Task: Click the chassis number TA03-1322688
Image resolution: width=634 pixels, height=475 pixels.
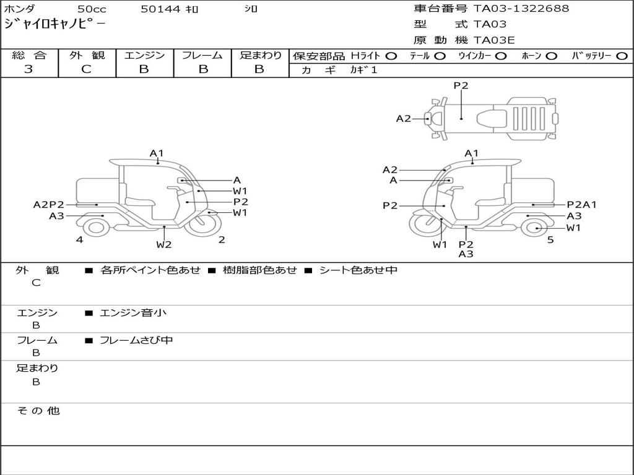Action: pyautogui.click(x=521, y=9)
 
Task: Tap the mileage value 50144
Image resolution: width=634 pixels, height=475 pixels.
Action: pyautogui.click(x=161, y=9)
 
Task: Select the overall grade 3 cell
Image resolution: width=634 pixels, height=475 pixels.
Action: pyautogui.click(x=29, y=69)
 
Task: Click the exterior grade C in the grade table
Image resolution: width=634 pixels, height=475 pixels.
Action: pyautogui.click(x=87, y=69)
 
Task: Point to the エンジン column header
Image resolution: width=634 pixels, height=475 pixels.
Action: pyautogui.click(x=144, y=55)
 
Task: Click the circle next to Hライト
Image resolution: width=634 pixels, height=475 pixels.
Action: pyautogui.click(x=391, y=56)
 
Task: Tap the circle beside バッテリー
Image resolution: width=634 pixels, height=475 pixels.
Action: pyautogui.click(x=622, y=56)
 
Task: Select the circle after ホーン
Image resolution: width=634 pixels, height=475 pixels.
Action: pyautogui.click(x=551, y=56)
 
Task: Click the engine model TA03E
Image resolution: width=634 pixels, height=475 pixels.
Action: pyautogui.click(x=494, y=41)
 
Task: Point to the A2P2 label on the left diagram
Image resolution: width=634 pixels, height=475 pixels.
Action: pyautogui.click(x=49, y=205)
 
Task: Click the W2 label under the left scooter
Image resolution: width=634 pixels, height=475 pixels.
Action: pyautogui.click(x=163, y=244)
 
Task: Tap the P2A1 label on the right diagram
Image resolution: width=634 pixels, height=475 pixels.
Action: pyautogui.click(x=582, y=205)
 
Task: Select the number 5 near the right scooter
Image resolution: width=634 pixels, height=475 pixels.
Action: pyautogui.click(x=550, y=240)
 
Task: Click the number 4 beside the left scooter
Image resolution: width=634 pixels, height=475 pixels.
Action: pyautogui.click(x=80, y=240)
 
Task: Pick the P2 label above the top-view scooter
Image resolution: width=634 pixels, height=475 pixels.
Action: pyautogui.click(x=461, y=86)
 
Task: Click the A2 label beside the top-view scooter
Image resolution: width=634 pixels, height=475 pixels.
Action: pyautogui.click(x=404, y=118)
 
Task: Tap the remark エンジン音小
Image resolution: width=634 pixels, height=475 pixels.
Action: pyautogui.click(x=133, y=313)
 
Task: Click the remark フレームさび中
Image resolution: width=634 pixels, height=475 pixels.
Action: pyautogui.click(x=136, y=340)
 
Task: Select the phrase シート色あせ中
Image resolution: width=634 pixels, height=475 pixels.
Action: pyautogui.click(x=358, y=270)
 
